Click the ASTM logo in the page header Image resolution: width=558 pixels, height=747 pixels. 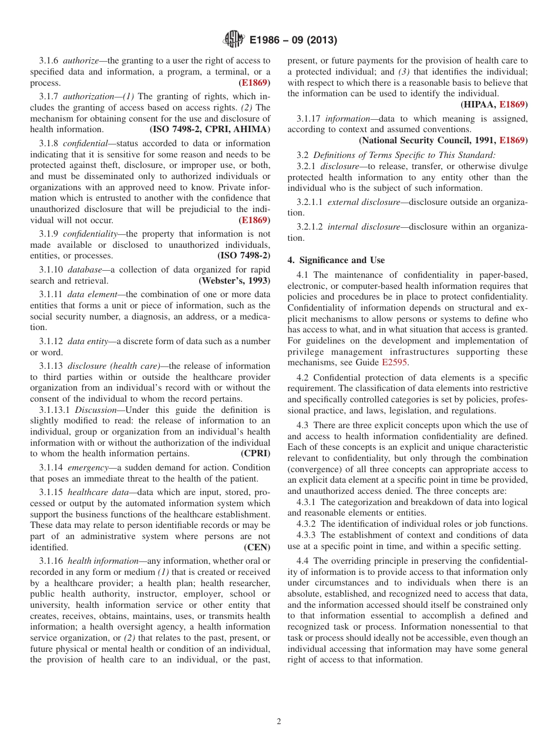pyautogui.click(x=234, y=40)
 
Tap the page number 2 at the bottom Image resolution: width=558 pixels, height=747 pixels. pyautogui.click(x=279, y=722)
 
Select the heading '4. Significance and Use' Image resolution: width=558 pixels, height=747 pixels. pyautogui.click(x=336, y=260)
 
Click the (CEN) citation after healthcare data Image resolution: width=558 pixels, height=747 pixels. pyautogui.click(x=257, y=547)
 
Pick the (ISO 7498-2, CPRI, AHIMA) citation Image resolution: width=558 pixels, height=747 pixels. pyautogui.click(x=210, y=129)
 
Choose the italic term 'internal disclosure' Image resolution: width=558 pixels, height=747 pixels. pyautogui.click(x=365, y=227)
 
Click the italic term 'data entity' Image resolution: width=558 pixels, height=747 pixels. pyautogui.click(x=87, y=341)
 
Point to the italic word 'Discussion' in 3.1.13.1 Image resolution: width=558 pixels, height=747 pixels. pyautogui.click(x=95, y=410)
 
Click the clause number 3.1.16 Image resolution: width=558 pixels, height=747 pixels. pyautogui.click(x=51, y=561)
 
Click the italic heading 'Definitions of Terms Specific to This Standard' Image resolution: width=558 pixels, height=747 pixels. pyautogui.click(x=404, y=154)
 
